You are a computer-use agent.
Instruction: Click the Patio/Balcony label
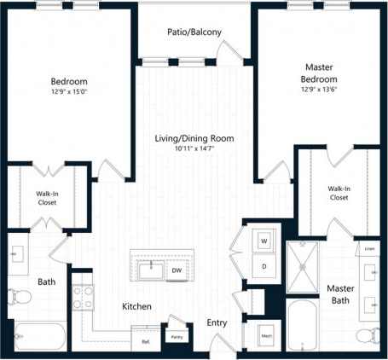[194, 32]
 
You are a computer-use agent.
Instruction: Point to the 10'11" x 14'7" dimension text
[194, 148]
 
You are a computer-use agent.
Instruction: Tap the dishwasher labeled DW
[177, 270]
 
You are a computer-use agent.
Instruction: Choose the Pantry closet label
[177, 336]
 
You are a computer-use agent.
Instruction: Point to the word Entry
[217, 323]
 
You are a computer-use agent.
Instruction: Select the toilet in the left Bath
[19, 298]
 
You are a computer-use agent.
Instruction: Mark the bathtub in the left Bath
[34, 339]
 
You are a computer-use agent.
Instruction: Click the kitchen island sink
[151, 270]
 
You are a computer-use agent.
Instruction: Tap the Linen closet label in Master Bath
[369, 248]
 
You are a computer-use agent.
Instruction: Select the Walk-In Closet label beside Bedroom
[48, 199]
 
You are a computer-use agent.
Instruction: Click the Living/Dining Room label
[194, 137]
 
